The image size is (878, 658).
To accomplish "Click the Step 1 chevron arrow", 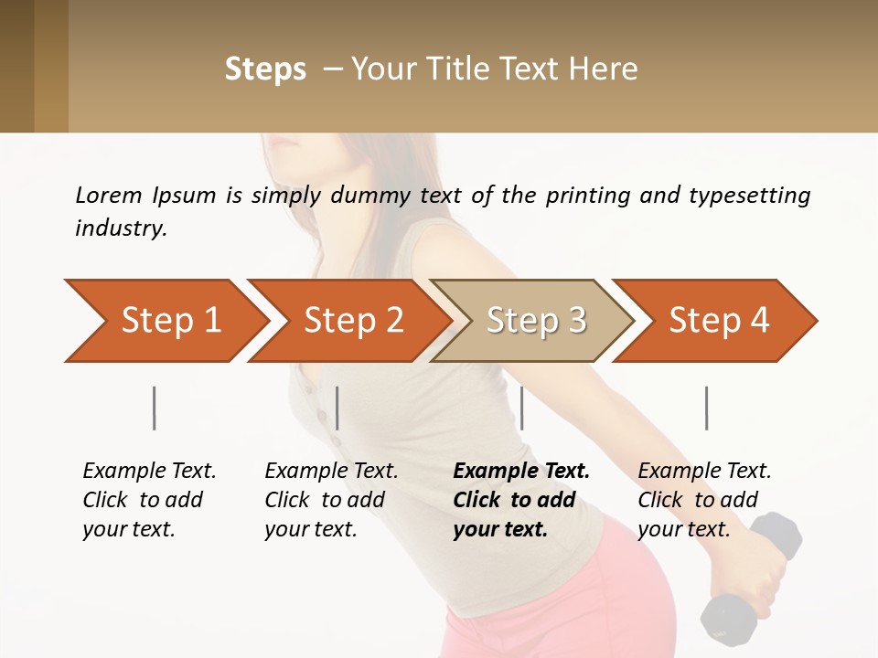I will click(x=165, y=321).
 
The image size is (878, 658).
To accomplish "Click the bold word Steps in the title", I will click(x=265, y=69).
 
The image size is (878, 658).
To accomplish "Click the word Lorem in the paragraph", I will click(x=108, y=195).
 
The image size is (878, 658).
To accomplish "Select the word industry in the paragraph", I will click(x=120, y=228).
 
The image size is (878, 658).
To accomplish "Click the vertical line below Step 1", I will click(x=155, y=408).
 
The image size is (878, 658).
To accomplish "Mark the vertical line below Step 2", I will click(x=337, y=408).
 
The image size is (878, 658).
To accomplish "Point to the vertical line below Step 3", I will click(x=521, y=408).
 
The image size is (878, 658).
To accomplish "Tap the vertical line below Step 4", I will click(x=706, y=408).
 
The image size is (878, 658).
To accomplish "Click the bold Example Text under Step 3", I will click(x=521, y=471).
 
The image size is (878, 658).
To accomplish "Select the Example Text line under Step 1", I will click(x=149, y=471).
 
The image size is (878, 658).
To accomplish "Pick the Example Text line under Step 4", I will click(x=704, y=471).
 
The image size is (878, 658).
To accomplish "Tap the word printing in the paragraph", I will click(x=586, y=196).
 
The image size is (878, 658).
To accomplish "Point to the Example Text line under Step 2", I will click(x=331, y=471).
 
